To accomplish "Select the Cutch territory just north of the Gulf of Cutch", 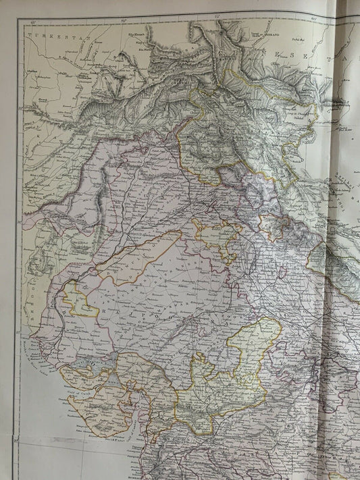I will tap(81, 375).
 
